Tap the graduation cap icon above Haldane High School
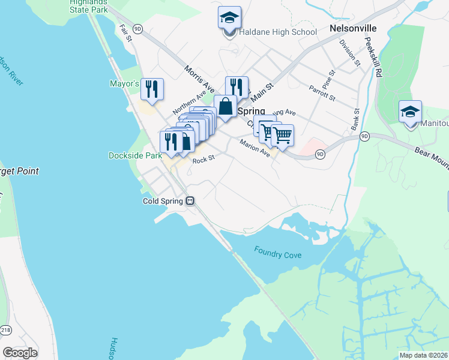point(229,19)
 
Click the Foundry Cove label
point(277,254)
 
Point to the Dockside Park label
point(135,155)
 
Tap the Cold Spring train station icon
point(190,201)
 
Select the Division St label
point(349,52)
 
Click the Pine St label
point(327,78)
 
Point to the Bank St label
point(355,120)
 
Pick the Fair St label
point(125,33)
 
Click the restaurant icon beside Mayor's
point(151,89)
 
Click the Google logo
point(20,353)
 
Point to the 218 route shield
point(5,329)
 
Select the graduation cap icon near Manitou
point(411,112)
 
